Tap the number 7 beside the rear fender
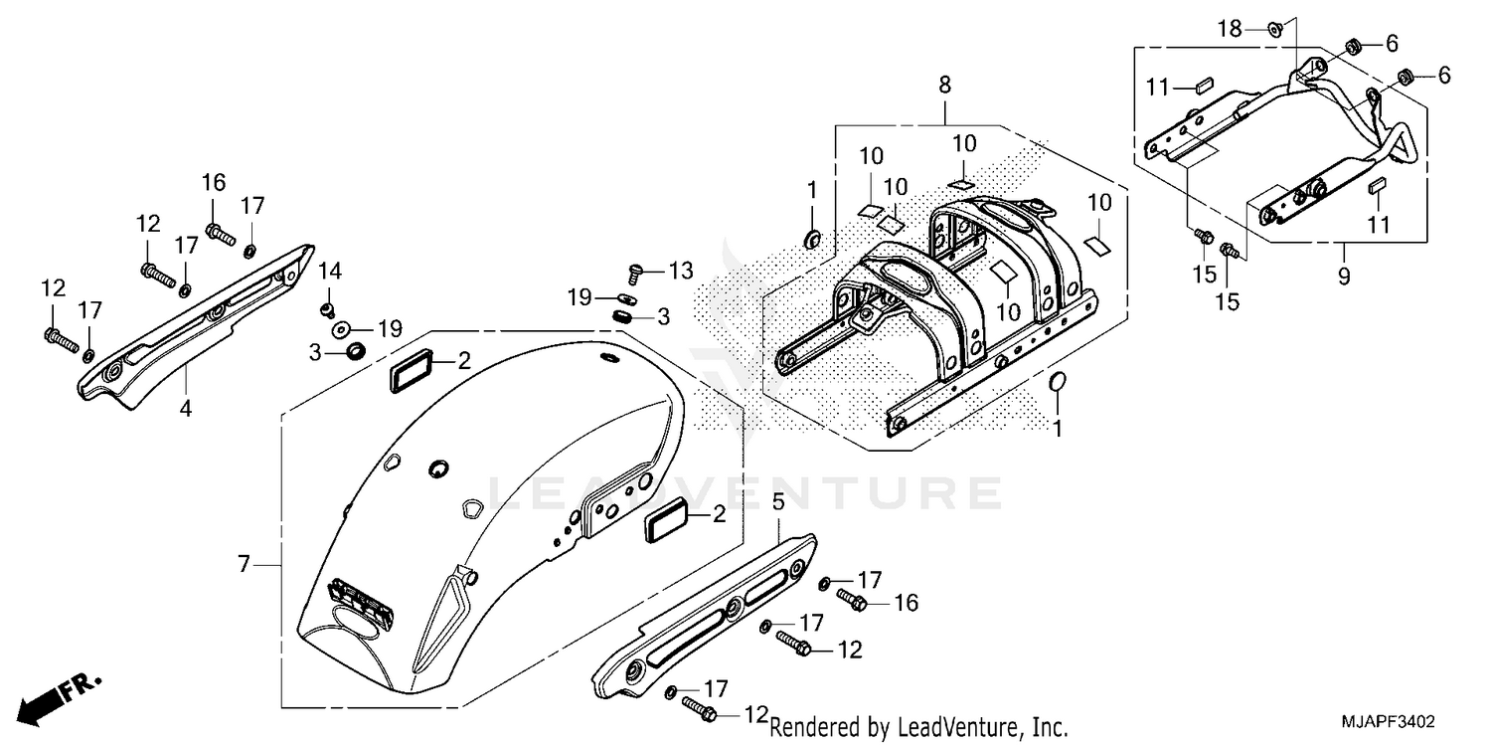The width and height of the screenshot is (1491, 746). point(244,565)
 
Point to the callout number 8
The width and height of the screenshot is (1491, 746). point(943,87)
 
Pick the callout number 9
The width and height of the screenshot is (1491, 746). point(1344,277)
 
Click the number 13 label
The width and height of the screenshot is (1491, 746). point(680,271)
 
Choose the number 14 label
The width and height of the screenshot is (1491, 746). point(329,271)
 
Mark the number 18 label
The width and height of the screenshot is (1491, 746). point(1231,29)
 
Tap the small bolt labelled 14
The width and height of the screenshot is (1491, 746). point(326,309)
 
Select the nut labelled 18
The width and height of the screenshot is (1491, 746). point(1274,30)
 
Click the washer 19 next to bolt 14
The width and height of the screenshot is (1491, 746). point(341,328)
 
